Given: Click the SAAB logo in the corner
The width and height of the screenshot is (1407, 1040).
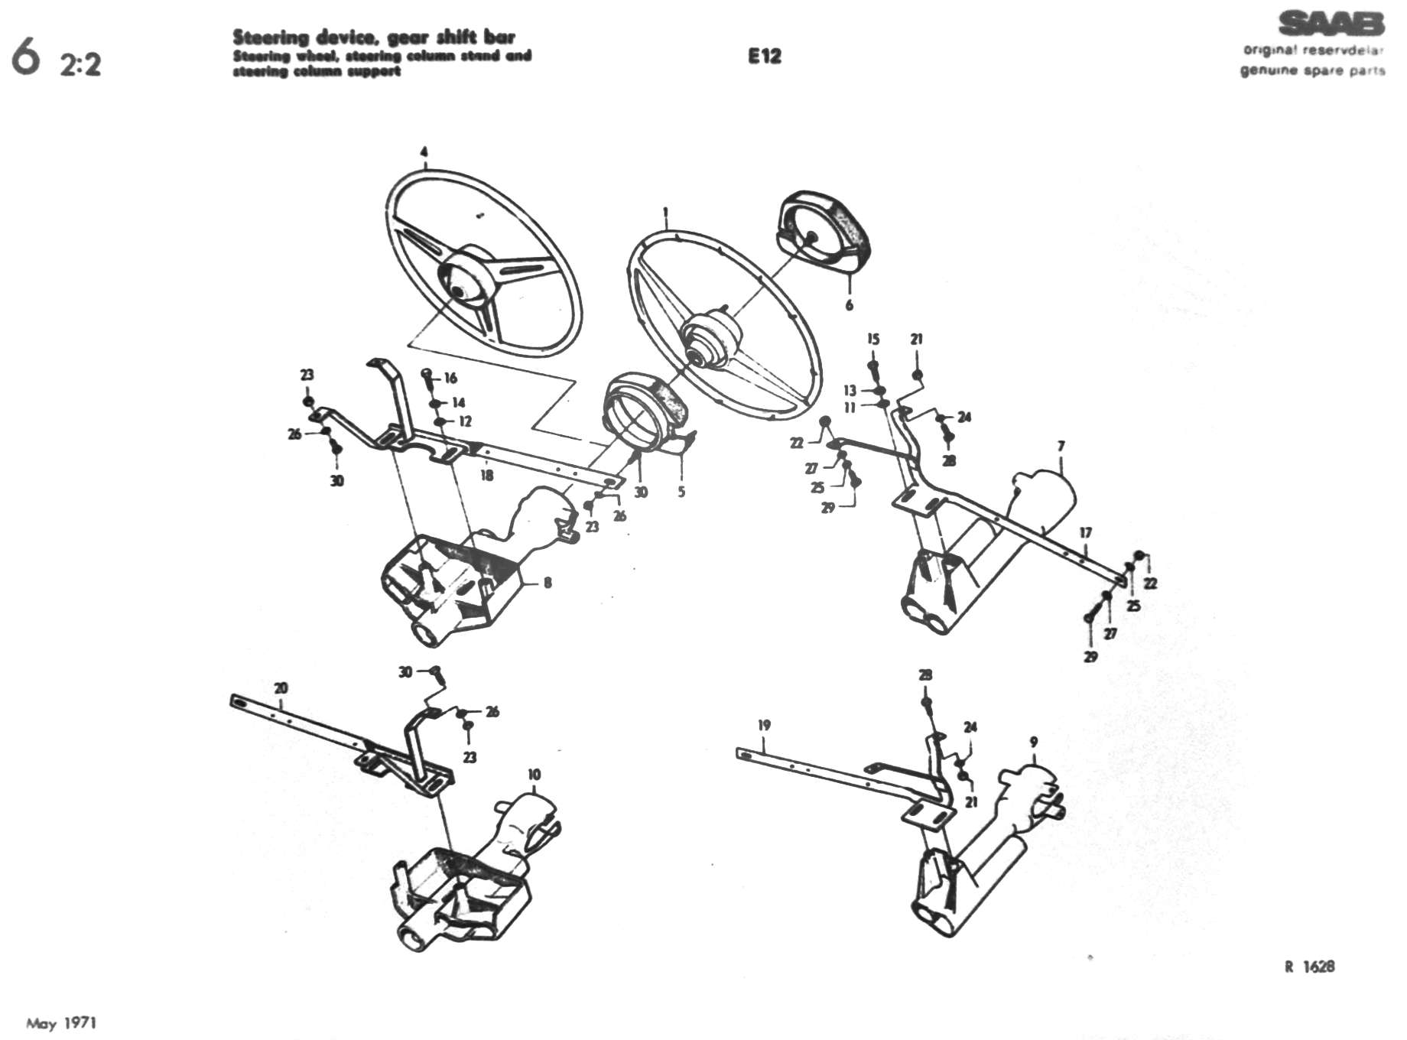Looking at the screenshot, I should point(1331,24).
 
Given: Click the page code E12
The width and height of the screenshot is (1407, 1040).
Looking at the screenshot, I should point(764,56).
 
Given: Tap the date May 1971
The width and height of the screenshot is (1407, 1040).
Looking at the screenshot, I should point(61,1023).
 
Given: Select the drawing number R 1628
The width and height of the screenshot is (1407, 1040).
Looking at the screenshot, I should point(1310,967).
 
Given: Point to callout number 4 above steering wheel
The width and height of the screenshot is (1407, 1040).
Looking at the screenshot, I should point(424,151).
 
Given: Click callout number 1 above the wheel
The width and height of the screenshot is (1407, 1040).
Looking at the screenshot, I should point(666,213).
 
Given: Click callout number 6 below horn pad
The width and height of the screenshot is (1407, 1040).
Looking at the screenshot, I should point(849,305).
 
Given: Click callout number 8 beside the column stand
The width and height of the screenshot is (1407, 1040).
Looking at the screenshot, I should point(548,583).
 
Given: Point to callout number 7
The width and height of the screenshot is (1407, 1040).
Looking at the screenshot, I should point(1061,446).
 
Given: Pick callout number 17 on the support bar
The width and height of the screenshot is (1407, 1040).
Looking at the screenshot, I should point(1086,533).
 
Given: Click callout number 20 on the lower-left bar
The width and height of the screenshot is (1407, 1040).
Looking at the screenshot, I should point(281,688).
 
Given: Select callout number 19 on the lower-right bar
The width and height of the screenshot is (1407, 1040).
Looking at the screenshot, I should point(764,725).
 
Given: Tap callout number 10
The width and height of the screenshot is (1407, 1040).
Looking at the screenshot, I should point(534,775).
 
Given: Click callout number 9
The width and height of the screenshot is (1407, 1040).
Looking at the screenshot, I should point(1034,742).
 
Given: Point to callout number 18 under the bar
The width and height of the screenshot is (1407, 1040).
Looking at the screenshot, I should point(486,476).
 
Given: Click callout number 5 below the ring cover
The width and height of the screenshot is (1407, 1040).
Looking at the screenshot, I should point(681,492).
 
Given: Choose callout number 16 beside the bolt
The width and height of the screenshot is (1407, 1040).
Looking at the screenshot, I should point(450,378).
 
